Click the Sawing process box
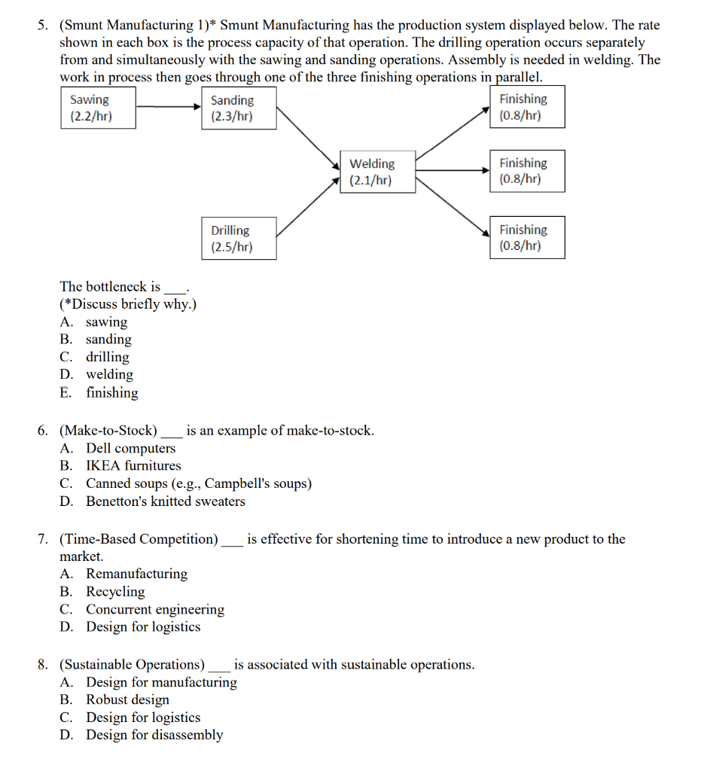coord(98,108)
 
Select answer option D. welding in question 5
coord(109,374)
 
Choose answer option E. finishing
coord(111,392)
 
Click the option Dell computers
coord(130,448)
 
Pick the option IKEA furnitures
coord(133,465)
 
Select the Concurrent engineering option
coord(154,609)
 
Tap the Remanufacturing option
coord(136,574)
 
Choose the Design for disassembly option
coord(154,735)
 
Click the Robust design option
coord(127,699)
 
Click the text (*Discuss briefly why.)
coord(128,304)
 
